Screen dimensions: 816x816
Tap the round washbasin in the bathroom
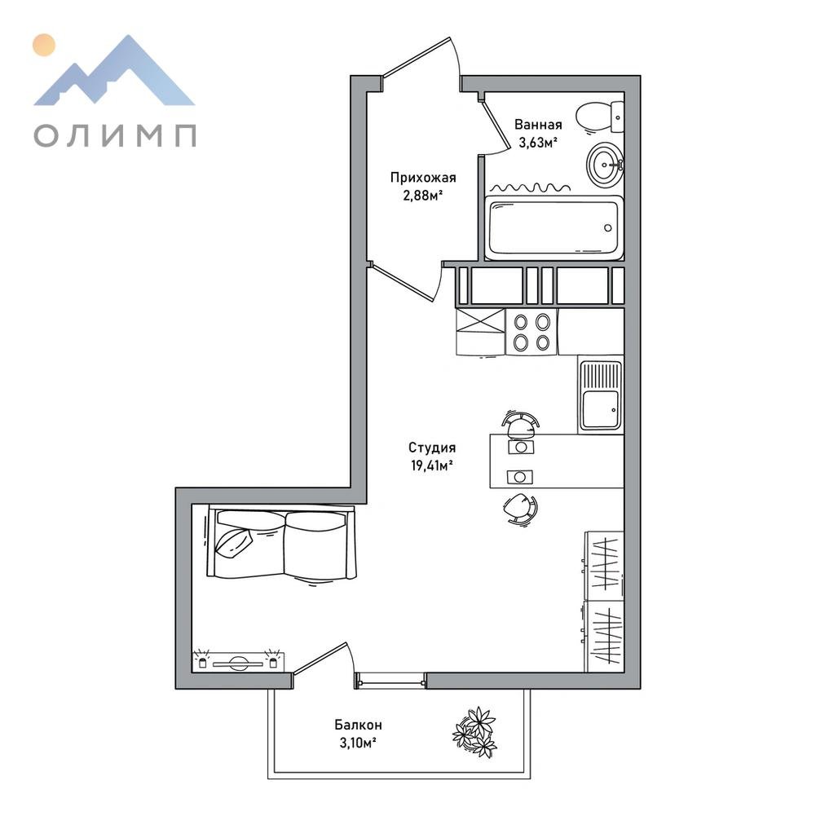(x=605, y=165)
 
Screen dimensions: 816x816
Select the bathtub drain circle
(x=608, y=228)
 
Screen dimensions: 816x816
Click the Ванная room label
(x=538, y=125)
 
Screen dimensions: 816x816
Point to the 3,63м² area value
(x=538, y=143)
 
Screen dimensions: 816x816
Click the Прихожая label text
(x=423, y=178)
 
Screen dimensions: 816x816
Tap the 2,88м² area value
(x=423, y=196)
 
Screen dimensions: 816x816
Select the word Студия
(x=432, y=448)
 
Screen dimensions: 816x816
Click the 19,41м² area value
(x=432, y=465)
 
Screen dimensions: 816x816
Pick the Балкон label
(x=358, y=725)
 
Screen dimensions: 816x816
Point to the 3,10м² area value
(x=358, y=743)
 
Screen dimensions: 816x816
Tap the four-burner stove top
(x=532, y=332)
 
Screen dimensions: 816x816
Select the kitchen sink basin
(x=601, y=409)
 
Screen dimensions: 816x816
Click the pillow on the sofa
(x=234, y=543)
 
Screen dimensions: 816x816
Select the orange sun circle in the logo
(x=44, y=45)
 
